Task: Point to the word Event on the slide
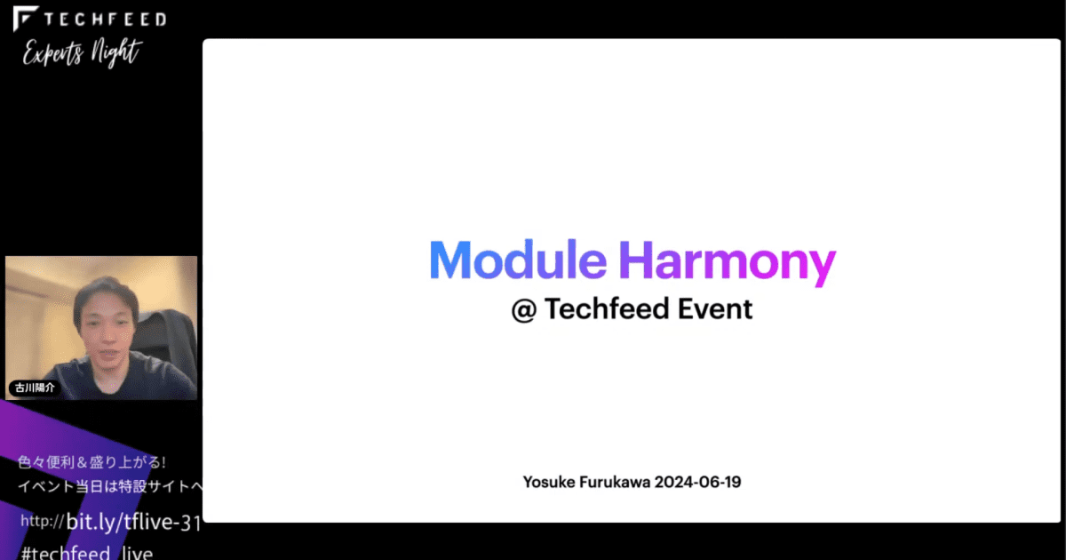715,308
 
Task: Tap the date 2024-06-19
698,483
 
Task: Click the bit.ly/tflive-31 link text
133,521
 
